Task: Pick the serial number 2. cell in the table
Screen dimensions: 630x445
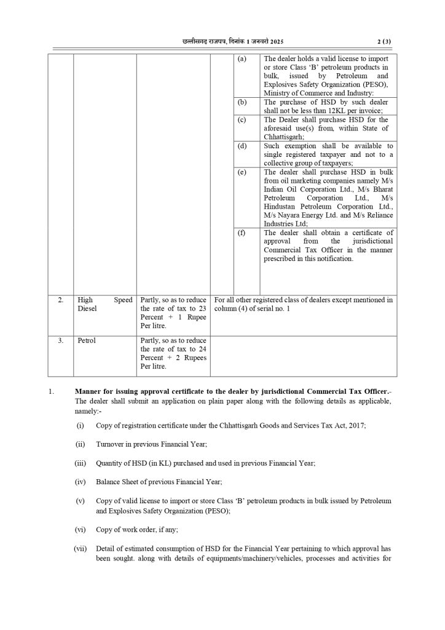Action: pos(60,300)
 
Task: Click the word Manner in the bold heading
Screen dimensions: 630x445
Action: pos(89,392)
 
